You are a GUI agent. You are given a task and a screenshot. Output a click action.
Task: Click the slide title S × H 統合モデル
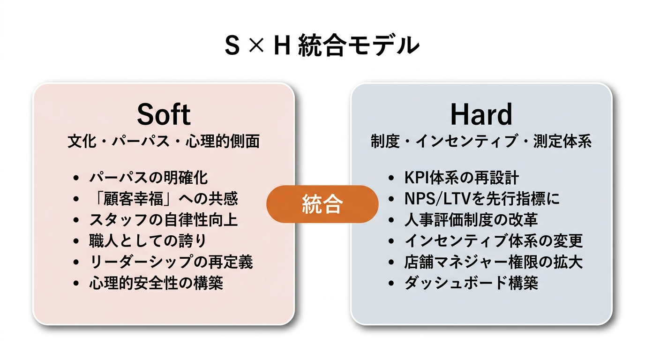pyautogui.click(x=322, y=45)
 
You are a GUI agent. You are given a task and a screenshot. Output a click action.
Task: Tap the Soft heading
pyautogui.click(x=164, y=114)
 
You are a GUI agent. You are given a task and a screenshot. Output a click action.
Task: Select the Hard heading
pyautogui.click(x=481, y=114)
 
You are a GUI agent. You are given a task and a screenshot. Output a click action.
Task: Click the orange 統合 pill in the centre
pyautogui.click(x=322, y=204)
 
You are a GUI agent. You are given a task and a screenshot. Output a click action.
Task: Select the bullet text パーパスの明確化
pyautogui.click(x=148, y=178)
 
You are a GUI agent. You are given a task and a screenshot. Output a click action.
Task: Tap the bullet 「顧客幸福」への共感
pyautogui.click(x=163, y=199)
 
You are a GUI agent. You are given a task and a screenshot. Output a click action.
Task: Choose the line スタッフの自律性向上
pyautogui.click(x=163, y=220)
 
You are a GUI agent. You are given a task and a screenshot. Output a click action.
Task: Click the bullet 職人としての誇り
pyautogui.click(x=147, y=241)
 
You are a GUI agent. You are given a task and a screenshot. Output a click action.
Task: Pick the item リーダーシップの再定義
pyautogui.click(x=171, y=262)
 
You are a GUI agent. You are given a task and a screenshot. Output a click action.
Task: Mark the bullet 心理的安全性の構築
pyautogui.click(x=156, y=283)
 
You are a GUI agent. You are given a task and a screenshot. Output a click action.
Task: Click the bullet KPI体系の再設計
pyautogui.click(x=461, y=178)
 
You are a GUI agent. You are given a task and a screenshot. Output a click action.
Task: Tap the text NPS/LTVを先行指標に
pyautogui.click(x=482, y=199)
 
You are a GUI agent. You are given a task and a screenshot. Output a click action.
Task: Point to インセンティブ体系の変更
pyautogui.click(x=493, y=241)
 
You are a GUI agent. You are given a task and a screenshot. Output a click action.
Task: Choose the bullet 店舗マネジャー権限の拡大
pyautogui.click(x=493, y=262)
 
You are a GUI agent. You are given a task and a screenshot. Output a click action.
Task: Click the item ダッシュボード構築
pyautogui.click(x=471, y=283)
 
